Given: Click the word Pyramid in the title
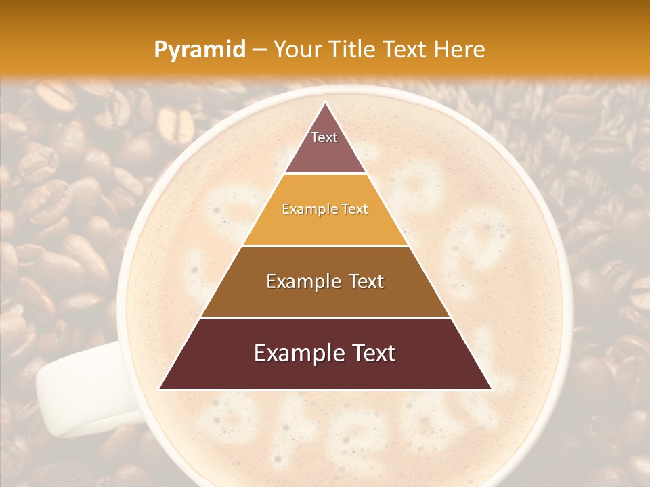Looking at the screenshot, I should [199, 50].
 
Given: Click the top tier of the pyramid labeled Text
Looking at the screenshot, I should [325, 145].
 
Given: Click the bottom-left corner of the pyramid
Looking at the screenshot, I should [160, 388].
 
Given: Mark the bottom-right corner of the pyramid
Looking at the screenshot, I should [490, 388].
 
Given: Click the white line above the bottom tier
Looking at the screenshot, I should [325, 317].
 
